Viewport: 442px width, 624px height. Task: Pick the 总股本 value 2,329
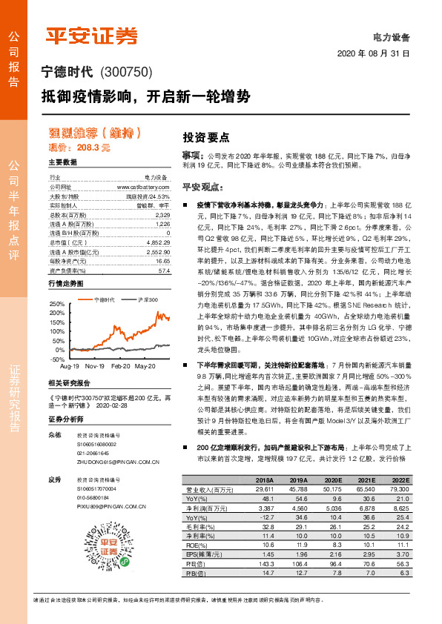162,215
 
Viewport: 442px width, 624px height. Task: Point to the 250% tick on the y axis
56,304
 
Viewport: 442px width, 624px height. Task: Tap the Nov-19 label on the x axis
94,366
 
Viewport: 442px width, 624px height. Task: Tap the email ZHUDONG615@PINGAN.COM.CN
118,461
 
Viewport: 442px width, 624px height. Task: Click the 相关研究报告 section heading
69,383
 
